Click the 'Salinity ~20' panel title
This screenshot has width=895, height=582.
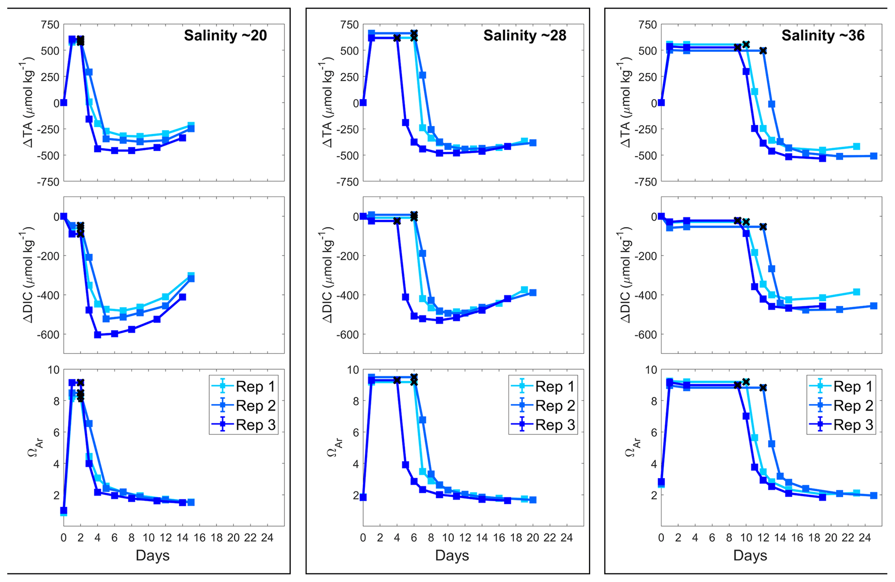[225, 35]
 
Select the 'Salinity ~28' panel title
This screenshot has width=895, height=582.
[524, 35]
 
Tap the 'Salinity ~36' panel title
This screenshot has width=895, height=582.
[823, 35]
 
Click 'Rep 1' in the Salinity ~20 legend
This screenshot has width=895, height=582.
[255, 386]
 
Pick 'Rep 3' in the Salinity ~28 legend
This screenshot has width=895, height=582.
[555, 425]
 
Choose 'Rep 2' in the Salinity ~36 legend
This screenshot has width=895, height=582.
[853, 406]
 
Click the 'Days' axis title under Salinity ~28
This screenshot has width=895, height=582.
[452, 555]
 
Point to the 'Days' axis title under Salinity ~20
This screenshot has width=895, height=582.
[152, 555]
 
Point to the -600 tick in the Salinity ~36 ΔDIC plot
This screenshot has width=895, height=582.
[646, 334]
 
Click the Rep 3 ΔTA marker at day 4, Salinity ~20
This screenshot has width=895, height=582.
[97, 149]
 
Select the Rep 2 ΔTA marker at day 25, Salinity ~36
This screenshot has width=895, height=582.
[874, 156]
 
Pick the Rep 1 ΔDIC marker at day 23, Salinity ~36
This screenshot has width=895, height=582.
[856, 292]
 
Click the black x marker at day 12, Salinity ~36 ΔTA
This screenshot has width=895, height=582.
[763, 51]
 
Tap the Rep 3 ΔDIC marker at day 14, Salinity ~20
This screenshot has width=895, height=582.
[182, 297]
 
